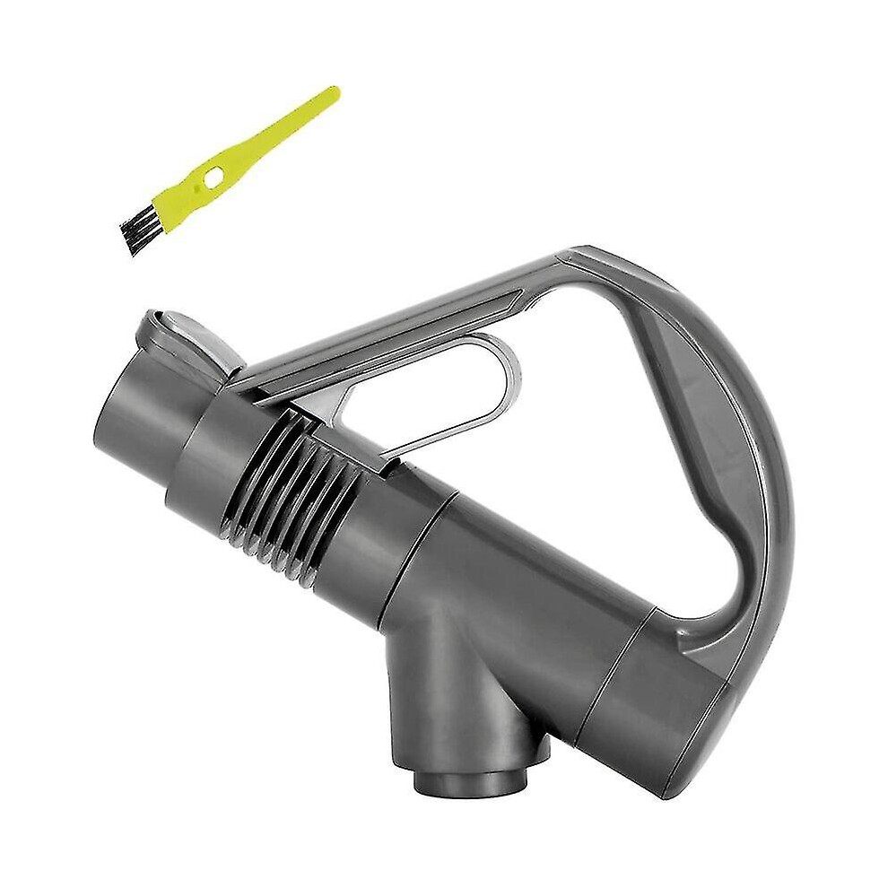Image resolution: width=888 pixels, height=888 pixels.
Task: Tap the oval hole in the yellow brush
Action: (213, 178)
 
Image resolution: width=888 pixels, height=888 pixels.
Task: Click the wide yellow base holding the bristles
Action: (170, 208)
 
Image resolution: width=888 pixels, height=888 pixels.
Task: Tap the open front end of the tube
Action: (135, 413)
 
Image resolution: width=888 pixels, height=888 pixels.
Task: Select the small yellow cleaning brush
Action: (224, 170)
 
